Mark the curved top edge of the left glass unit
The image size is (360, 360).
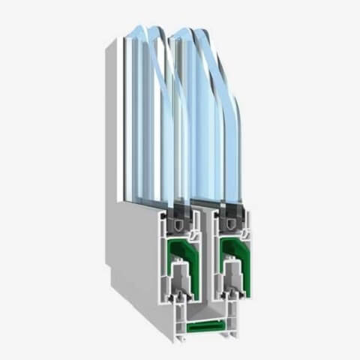154,34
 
